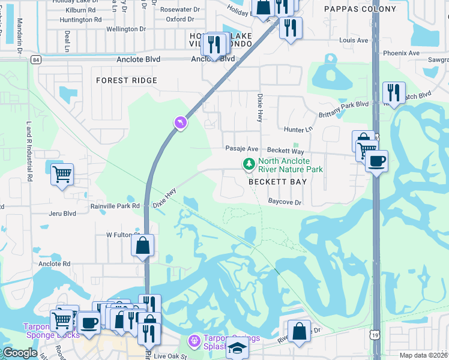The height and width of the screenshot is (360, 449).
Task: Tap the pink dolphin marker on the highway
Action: click(180, 123)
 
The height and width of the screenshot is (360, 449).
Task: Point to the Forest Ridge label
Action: click(127, 80)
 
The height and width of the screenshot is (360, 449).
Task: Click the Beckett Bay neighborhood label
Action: click(278, 181)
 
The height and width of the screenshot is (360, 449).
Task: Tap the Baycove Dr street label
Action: click(285, 202)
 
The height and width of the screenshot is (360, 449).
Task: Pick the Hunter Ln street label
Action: click(298, 129)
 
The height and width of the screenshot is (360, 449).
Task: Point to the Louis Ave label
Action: click(353, 40)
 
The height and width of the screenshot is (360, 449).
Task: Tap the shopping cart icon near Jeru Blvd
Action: click(62, 174)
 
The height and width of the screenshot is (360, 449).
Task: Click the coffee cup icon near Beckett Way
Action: click(376, 161)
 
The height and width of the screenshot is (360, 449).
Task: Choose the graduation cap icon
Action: click(237, 347)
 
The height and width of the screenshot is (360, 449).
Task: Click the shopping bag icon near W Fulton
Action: click(143, 245)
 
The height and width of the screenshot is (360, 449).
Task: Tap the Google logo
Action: click(20, 353)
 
